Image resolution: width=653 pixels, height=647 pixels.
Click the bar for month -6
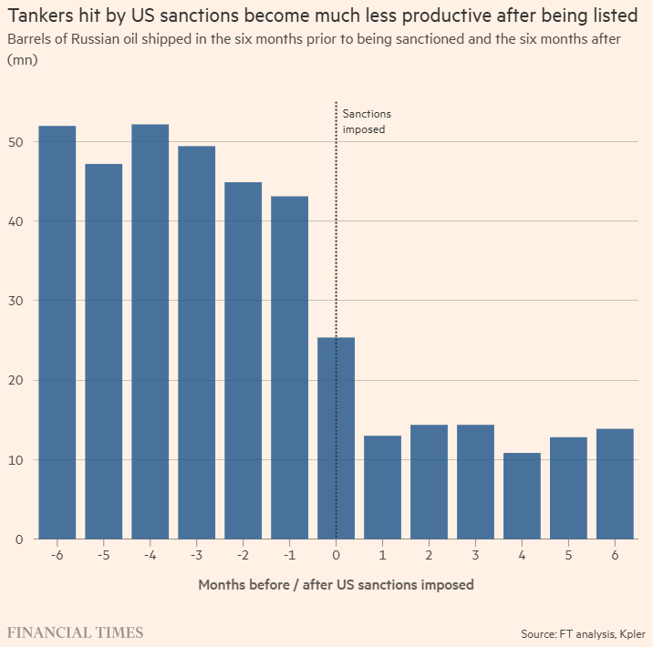coord(57,333)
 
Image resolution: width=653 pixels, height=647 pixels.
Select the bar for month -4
coord(150,332)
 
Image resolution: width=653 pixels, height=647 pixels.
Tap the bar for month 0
coord(336,438)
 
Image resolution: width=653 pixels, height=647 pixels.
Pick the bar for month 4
coord(522,496)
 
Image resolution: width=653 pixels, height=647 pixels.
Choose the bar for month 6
coord(615,484)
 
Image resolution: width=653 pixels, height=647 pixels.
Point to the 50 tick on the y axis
coord(17,142)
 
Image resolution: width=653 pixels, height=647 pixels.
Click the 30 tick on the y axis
coord(17,301)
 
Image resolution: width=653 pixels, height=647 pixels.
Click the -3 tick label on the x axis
coord(196,555)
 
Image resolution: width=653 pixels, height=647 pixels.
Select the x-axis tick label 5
coord(568,555)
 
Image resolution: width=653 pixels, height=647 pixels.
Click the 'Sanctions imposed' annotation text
coord(366,122)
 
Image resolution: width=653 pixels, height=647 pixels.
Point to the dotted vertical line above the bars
coord(336,219)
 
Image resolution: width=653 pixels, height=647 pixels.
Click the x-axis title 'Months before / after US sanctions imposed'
coord(336,584)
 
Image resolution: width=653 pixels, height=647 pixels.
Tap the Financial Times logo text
coord(75,632)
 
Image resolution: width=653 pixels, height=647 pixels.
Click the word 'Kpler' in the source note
coord(630,633)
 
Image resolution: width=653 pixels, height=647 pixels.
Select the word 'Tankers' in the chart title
coord(43,17)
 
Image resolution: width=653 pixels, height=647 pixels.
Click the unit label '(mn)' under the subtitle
coord(22,58)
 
